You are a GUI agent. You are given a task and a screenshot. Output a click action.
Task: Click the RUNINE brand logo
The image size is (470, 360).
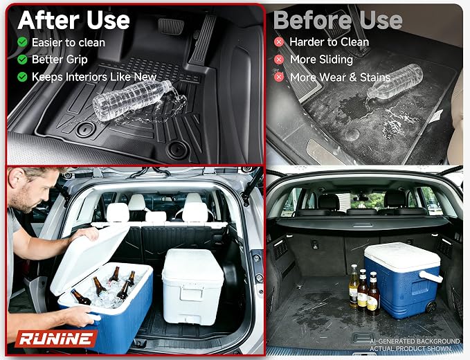pos(56,339)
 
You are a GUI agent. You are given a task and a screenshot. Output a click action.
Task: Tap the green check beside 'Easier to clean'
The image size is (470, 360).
pos(22,42)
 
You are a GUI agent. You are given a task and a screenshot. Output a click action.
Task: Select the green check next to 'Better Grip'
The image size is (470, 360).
pos(22,60)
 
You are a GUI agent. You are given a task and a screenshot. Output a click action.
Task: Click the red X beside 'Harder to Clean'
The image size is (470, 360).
pos(279,42)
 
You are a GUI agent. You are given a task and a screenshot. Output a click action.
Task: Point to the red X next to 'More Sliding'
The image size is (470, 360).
pos(279,60)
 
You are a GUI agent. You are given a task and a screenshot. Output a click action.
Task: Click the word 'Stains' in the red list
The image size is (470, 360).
pos(375,78)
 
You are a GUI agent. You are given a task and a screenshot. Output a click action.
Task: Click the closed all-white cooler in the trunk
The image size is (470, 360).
pos(192,287)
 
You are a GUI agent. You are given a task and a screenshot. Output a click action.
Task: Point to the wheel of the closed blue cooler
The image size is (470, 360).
pos(431,307)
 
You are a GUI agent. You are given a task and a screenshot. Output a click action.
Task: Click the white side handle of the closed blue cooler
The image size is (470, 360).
pos(431,276)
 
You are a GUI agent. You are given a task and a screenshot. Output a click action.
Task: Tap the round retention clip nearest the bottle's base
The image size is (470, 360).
pos(86,129)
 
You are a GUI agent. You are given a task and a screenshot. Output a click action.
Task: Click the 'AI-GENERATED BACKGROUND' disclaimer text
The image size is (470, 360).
pos(415,341)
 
